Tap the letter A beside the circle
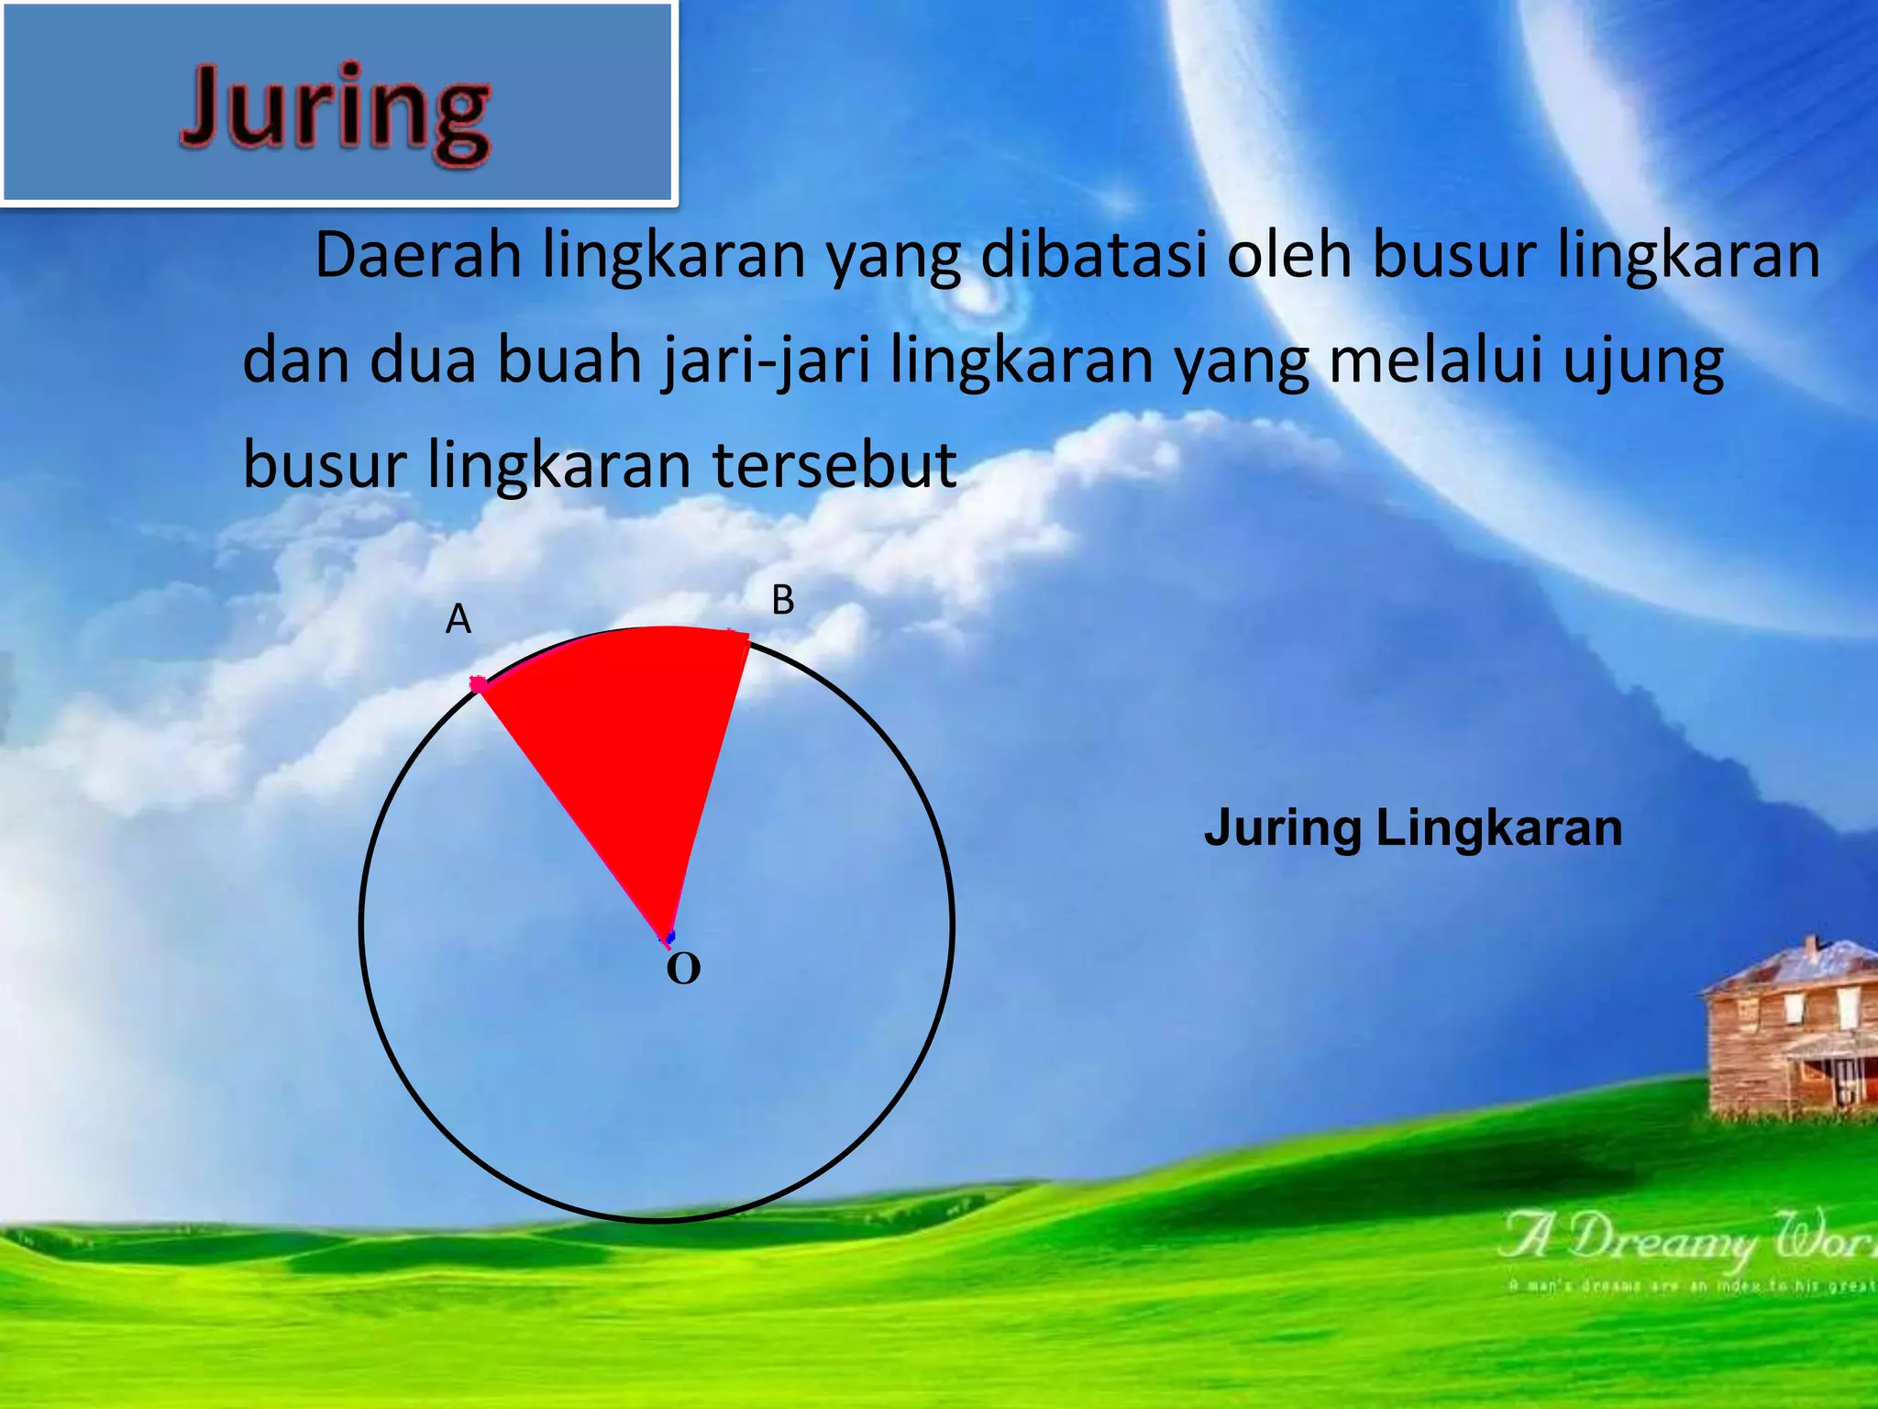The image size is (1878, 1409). (x=458, y=620)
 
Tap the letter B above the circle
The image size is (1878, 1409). (x=782, y=601)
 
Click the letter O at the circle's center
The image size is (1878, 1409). (x=683, y=969)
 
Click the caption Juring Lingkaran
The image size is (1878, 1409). (x=1413, y=827)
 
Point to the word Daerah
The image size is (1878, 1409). (x=418, y=255)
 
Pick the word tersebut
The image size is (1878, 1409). (x=834, y=465)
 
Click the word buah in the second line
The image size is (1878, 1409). (x=569, y=361)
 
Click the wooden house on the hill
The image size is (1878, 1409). (x=1788, y=1037)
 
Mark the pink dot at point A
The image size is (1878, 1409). (x=478, y=683)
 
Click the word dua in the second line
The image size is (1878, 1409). (x=423, y=361)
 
